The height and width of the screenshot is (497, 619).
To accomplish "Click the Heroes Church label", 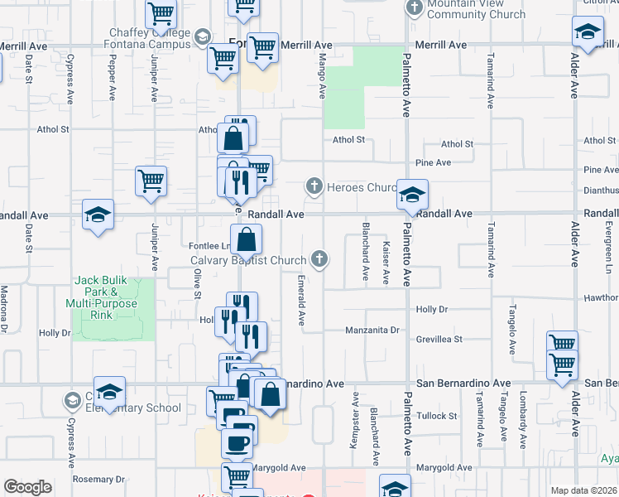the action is pyautogui.click(x=362, y=187).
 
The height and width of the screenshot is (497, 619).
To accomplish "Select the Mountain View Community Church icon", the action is pyautogui.click(x=415, y=8).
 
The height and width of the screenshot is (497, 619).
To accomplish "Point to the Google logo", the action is pyautogui.click(x=27, y=487).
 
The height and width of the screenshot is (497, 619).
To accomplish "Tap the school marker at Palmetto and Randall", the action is pyautogui.click(x=412, y=195).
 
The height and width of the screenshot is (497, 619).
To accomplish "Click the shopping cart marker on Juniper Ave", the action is pyautogui.click(x=151, y=181).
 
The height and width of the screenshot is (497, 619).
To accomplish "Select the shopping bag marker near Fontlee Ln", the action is pyautogui.click(x=247, y=241).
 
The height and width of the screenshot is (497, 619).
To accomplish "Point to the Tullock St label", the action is pyautogui.click(x=437, y=416).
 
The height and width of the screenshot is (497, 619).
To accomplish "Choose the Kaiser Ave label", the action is pyautogui.click(x=386, y=263).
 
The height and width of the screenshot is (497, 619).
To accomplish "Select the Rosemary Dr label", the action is pyautogui.click(x=98, y=479).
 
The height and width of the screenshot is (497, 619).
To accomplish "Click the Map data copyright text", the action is pyautogui.click(x=583, y=490).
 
